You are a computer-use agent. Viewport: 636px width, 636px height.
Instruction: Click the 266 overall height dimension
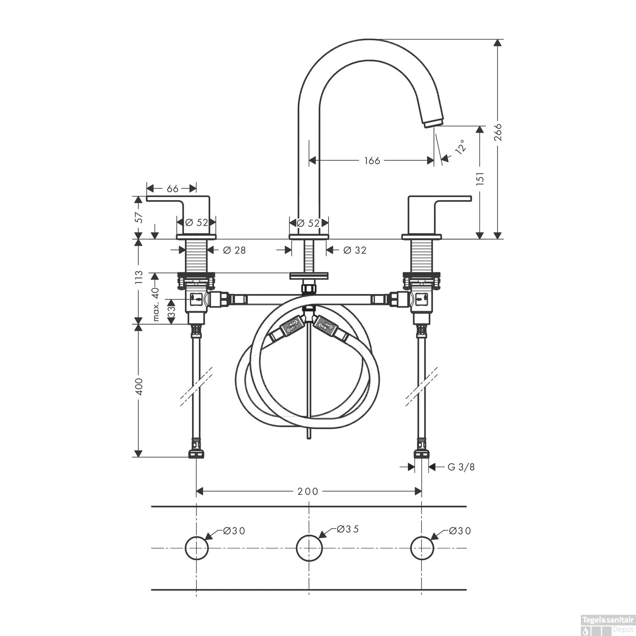[498, 134]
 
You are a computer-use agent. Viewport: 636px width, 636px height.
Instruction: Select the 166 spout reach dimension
[372, 161]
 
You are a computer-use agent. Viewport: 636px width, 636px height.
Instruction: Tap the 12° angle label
[460, 146]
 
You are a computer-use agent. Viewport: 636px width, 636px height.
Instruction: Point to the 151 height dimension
[480, 179]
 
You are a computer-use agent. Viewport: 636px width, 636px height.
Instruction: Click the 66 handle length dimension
[172, 188]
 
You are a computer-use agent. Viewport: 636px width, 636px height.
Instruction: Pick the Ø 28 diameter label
[234, 250]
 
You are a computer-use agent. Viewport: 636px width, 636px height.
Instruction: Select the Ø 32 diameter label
[354, 250]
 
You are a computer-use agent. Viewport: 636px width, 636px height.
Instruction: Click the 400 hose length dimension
[139, 387]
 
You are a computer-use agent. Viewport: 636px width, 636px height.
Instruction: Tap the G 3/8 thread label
[461, 467]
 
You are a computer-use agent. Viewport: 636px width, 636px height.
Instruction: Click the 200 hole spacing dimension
[308, 491]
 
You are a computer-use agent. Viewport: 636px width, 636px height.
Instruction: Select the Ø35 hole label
[348, 529]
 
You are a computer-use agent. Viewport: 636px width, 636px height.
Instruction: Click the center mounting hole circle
[309, 548]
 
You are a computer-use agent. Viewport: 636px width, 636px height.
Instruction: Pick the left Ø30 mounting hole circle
[197, 548]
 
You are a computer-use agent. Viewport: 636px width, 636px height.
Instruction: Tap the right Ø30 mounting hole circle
[422, 548]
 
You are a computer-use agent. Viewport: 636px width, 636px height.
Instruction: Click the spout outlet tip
[433, 123]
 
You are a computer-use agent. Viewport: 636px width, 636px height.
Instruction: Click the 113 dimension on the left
[139, 278]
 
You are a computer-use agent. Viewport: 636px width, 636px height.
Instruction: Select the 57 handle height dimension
[139, 217]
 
